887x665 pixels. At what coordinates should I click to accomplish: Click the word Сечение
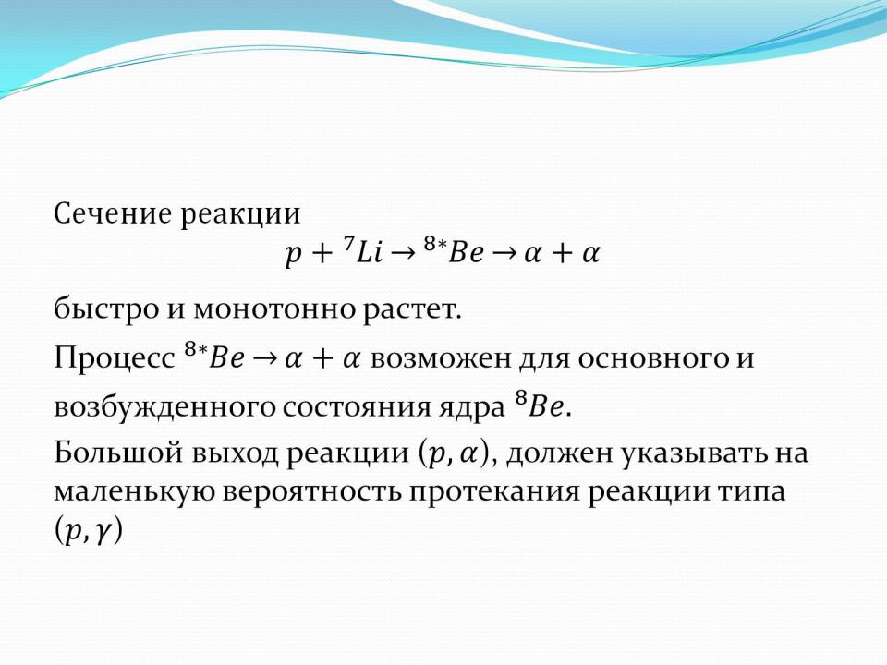click(x=113, y=214)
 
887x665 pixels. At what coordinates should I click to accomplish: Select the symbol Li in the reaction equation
click(x=370, y=253)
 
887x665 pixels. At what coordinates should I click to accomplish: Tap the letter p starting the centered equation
click(x=293, y=256)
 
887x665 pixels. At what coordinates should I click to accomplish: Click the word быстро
click(x=105, y=308)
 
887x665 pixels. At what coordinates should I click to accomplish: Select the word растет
click(x=411, y=310)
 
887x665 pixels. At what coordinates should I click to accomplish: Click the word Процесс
click(x=115, y=358)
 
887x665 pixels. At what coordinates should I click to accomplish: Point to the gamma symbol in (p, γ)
click(x=102, y=534)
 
